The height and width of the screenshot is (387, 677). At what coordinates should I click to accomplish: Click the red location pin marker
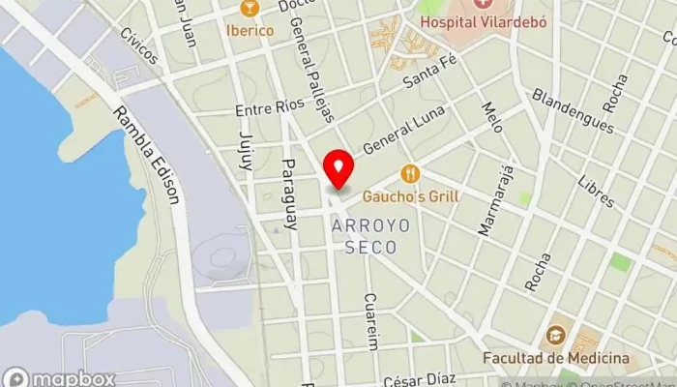coord(338,168)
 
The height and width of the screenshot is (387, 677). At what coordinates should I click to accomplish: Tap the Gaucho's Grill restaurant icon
coord(411,174)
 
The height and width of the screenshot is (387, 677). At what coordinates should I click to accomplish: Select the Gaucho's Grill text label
coord(411,196)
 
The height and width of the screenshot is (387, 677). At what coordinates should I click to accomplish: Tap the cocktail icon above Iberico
coord(250,9)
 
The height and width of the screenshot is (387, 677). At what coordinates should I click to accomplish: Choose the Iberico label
coord(250,30)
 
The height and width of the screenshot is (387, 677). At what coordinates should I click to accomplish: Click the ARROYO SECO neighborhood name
coord(370,235)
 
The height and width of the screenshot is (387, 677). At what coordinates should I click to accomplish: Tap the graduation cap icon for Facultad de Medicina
coord(555,336)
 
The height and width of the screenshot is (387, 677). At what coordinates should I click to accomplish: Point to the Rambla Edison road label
coord(146,155)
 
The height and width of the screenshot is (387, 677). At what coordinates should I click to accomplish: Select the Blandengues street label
coord(573,111)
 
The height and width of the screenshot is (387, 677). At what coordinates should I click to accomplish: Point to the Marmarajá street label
coord(495,200)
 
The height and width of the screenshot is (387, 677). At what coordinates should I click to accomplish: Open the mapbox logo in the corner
coord(60,378)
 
